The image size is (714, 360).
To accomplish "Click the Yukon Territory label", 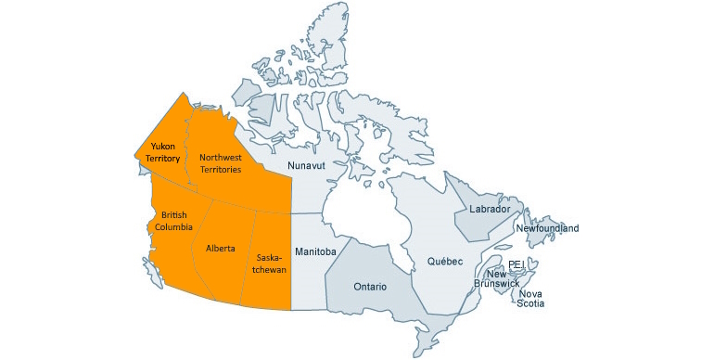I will click(163, 152).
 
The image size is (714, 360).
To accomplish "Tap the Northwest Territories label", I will click(221, 163).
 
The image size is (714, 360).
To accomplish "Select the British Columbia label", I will click(173, 221).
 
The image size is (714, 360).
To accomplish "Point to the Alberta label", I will click(220, 249).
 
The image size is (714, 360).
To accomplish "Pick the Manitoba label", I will click(314, 251).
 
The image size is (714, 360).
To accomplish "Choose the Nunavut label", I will click(307, 165).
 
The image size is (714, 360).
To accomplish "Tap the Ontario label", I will click(370, 287).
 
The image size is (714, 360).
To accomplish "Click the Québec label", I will click(444, 262).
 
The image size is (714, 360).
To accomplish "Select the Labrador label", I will click(488, 210).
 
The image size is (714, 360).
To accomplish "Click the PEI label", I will click(516, 265).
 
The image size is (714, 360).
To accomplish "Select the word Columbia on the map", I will click(173, 227).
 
